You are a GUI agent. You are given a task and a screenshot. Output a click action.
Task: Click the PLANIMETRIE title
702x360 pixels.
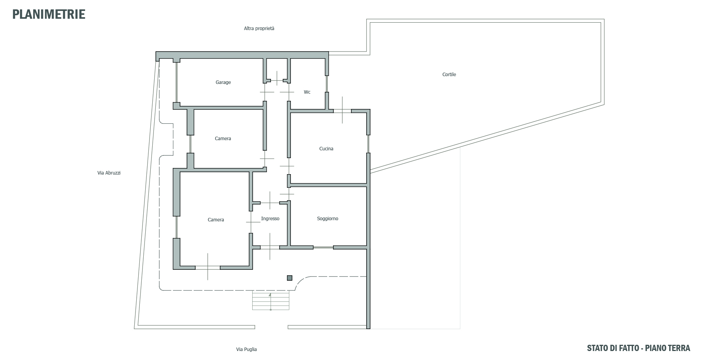pyautogui.click(x=49, y=14)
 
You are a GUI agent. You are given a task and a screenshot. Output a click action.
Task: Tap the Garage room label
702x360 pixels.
pyautogui.click(x=223, y=82)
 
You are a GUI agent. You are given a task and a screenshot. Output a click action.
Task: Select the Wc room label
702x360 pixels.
pyautogui.click(x=307, y=92)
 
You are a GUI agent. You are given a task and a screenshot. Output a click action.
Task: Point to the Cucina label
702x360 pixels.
pyautogui.click(x=326, y=149)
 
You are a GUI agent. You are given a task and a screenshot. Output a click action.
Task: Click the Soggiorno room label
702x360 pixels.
pyautogui.click(x=328, y=219)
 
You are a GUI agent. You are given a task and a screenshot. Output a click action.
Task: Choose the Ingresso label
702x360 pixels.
pyautogui.click(x=270, y=219)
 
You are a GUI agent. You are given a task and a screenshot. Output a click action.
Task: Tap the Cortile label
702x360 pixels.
pyautogui.click(x=449, y=75)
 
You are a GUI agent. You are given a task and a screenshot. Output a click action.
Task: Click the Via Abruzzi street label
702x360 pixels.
pyautogui.click(x=109, y=173)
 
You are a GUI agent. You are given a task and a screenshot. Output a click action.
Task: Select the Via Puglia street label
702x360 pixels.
pyautogui.click(x=246, y=349)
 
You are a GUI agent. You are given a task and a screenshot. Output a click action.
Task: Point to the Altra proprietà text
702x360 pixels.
pyautogui.click(x=259, y=29)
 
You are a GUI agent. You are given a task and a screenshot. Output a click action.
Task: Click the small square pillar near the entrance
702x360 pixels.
pyautogui.click(x=289, y=278)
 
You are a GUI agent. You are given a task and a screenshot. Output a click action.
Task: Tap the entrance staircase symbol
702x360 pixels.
pyautogui.click(x=271, y=301)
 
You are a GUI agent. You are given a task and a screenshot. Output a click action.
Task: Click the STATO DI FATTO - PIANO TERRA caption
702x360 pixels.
pyautogui.click(x=638, y=348)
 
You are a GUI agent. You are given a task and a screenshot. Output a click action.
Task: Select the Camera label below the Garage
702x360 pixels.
pyautogui.click(x=223, y=139)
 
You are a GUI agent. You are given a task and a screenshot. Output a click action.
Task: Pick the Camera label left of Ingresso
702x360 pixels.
pyautogui.click(x=216, y=220)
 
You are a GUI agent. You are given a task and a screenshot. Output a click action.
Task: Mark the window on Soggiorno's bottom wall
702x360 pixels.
pyautogui.click(x=323, y=247)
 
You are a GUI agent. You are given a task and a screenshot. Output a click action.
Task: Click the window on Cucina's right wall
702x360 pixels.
pyautogui.click(x=368, y=144)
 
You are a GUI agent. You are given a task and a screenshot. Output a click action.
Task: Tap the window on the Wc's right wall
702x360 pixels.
pyautogui.click(x=327, y=84)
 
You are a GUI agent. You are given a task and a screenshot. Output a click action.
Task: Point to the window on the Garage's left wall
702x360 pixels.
pyautogui.click(x=176, y=82)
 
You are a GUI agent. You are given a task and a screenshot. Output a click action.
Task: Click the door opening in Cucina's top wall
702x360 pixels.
pyautogui.click(x=342, y=111)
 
